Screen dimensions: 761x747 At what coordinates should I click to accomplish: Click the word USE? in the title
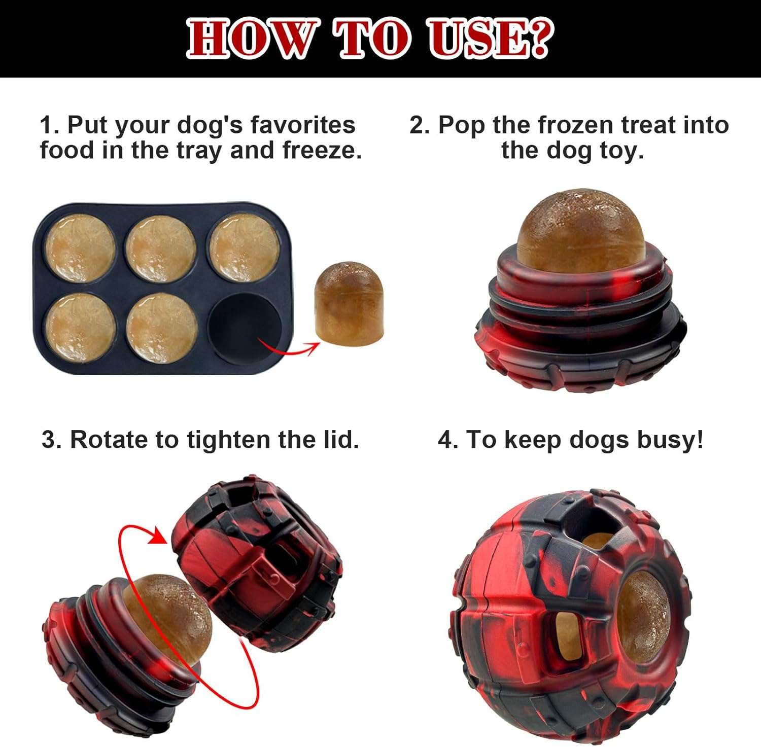coord(488,39)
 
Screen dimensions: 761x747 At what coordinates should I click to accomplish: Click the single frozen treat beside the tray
coord(350,303)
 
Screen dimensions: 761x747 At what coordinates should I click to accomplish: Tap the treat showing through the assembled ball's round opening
coord(643,616)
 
